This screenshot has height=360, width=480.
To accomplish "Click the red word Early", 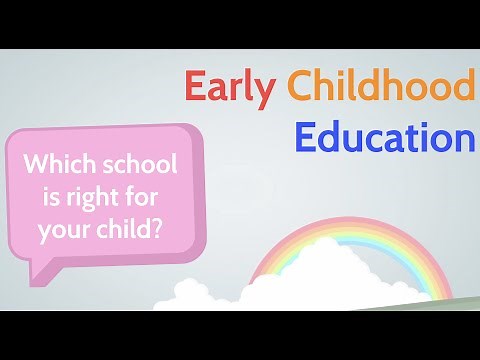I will [x=229, y=89].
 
